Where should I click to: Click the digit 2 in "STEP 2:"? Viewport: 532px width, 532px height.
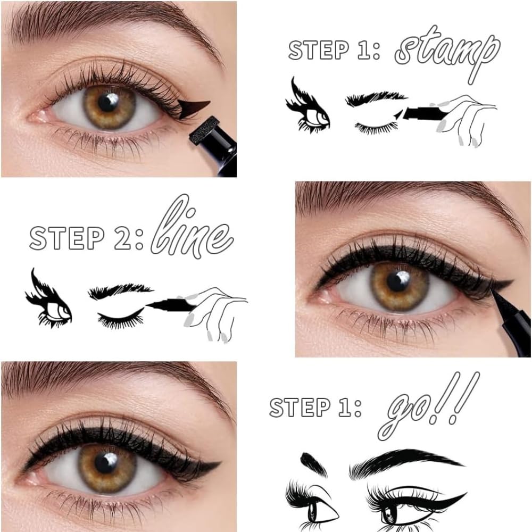(123, 238)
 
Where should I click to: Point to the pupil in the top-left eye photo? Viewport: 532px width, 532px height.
(109, 102)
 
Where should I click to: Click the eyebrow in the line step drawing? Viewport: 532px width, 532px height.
(120, 291)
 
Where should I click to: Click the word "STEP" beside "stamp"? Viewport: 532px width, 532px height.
(319, 50)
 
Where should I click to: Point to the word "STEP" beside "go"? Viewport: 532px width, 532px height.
(300, 407)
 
